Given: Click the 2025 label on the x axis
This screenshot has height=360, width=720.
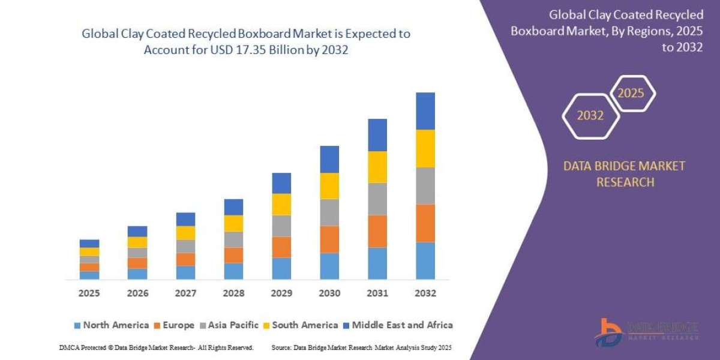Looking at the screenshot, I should (89, 293).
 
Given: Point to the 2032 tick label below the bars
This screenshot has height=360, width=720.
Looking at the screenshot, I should (425, 293).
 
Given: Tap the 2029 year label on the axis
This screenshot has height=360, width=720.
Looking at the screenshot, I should (281, 293).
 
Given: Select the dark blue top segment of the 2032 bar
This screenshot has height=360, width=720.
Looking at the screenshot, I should (425, 111).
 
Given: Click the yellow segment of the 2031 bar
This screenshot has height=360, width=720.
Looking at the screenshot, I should (377, 167).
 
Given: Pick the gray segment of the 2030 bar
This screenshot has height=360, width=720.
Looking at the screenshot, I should (329, 212).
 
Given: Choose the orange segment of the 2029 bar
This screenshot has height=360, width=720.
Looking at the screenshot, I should (281, 247).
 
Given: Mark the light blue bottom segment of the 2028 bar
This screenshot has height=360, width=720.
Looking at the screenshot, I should (233, 271).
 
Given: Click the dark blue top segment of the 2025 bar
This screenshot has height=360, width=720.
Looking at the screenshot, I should (89, 244).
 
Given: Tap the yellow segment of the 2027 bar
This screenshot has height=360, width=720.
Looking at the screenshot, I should (185, 233).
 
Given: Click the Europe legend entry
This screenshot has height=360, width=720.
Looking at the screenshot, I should (176, 325).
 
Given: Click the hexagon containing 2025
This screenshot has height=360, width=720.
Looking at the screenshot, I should (632, 93).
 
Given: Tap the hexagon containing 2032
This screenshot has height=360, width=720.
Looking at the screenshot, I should (590, 116).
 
